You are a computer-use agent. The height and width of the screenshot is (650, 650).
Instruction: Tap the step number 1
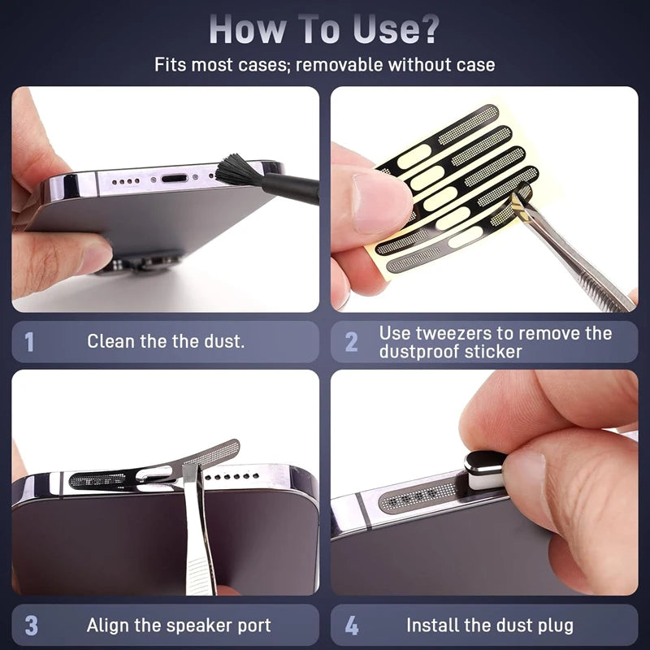pyautogui.click(x=30, y=342)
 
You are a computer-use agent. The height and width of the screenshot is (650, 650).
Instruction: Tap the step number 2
pyautogui.click(x=351, y=342)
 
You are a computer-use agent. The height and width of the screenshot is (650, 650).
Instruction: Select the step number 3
pyautogui.click(x=31, y=626)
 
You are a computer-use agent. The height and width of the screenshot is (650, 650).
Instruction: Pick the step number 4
pyautogui.click(x=351, y=626)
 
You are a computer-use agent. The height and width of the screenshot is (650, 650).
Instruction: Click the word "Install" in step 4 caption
pyautogui.click(x=435, y=626)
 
